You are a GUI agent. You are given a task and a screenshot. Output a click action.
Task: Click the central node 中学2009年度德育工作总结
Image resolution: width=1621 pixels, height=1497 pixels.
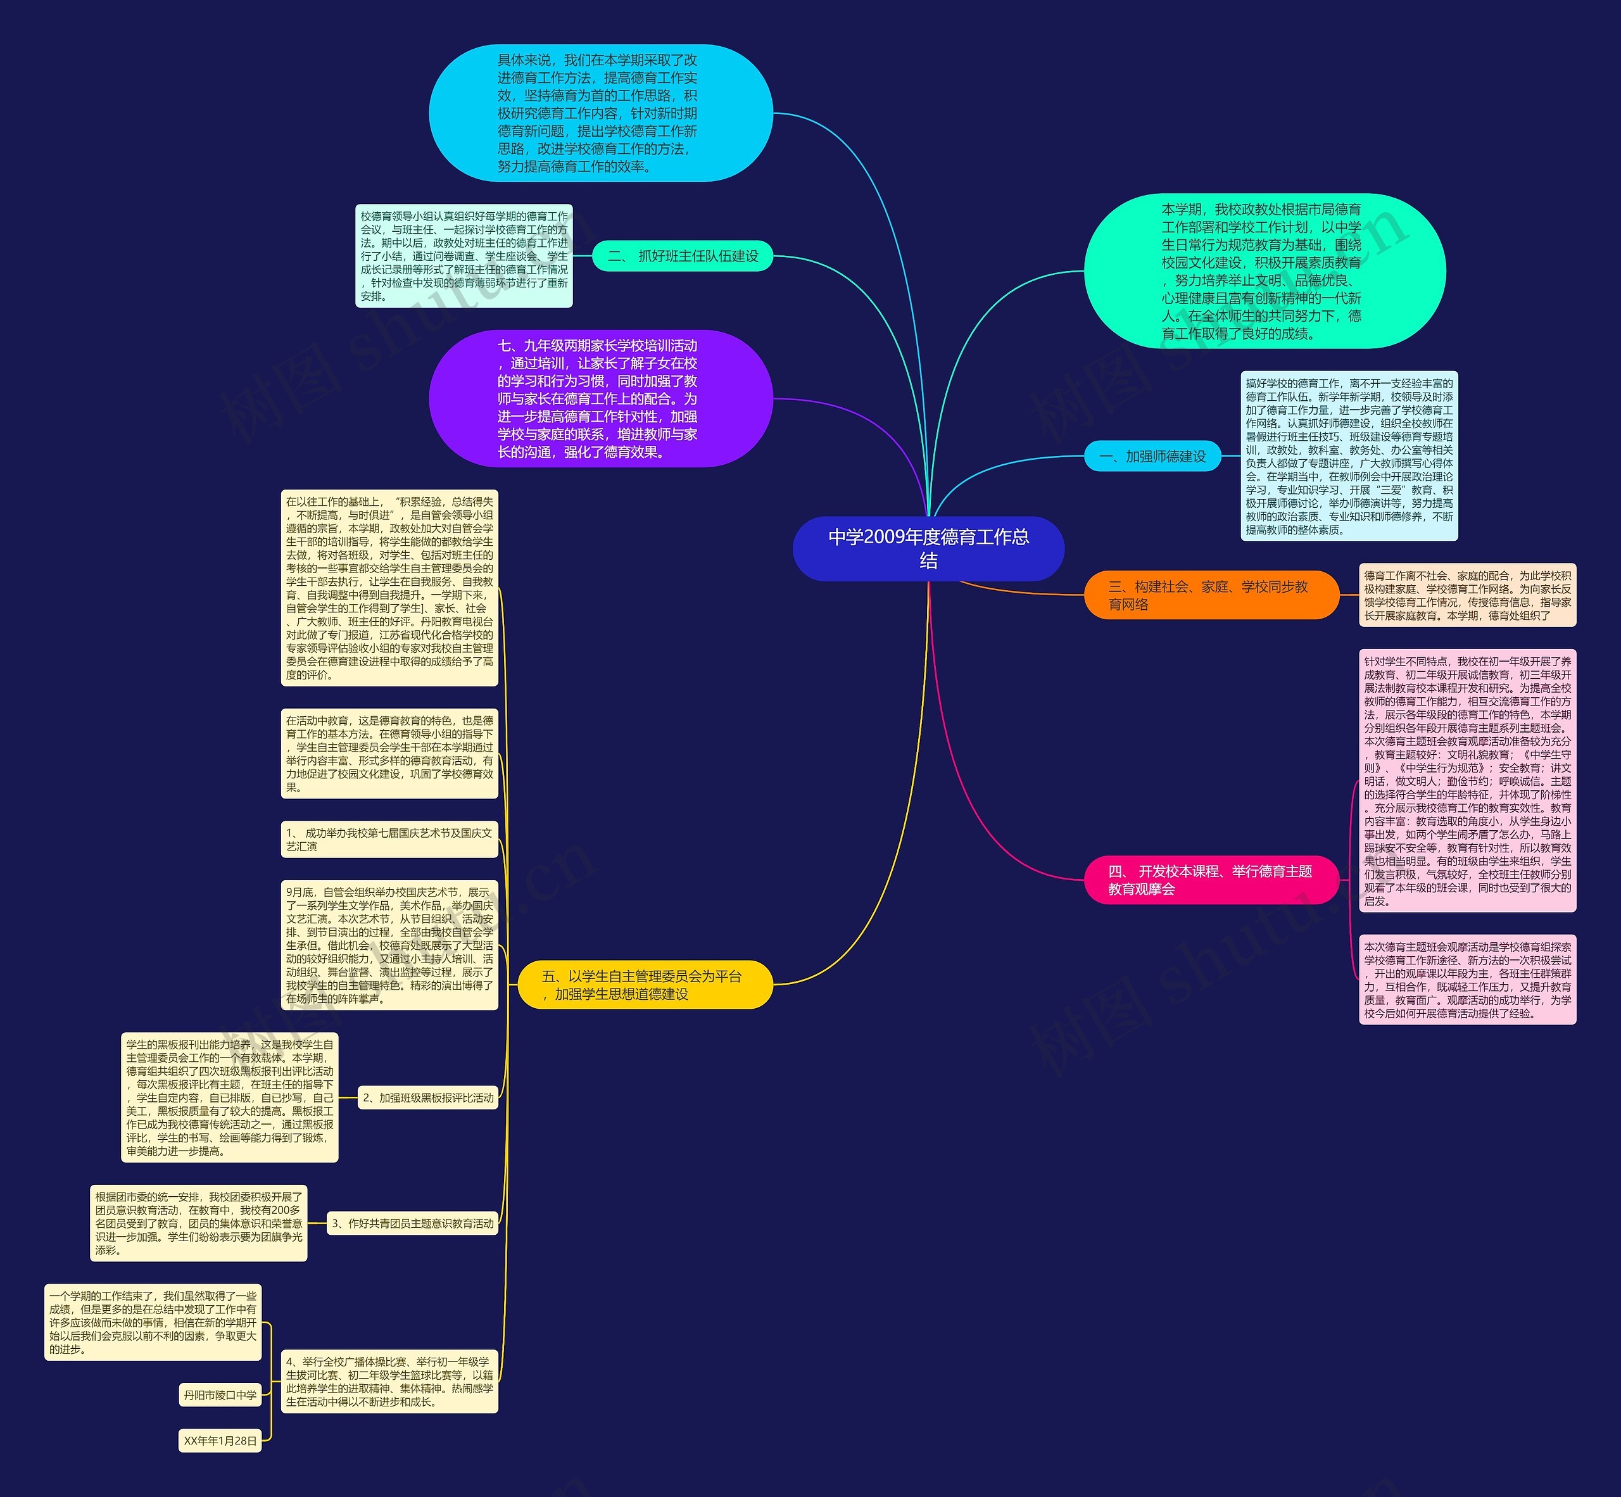928,548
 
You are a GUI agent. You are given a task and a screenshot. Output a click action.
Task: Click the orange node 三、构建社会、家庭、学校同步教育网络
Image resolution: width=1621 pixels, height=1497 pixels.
1210,595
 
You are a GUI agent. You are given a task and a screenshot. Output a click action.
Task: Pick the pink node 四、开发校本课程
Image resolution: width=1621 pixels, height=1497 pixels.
1210,880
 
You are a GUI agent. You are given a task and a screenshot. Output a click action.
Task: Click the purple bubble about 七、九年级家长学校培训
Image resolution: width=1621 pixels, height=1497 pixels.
600,398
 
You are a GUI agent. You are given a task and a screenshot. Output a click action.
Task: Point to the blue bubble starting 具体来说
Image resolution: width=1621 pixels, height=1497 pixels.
600,113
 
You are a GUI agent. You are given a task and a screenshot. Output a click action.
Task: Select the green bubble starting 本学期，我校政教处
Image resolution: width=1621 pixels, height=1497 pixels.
1264,270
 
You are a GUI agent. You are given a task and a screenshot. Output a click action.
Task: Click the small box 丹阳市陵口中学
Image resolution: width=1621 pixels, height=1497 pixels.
220,1395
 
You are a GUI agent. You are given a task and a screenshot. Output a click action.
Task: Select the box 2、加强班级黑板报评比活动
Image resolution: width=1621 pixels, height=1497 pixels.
428,1097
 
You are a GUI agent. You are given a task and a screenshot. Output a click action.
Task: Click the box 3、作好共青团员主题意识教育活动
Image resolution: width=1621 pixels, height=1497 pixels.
412,1223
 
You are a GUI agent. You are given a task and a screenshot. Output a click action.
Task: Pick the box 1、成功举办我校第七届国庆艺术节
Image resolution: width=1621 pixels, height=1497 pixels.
389,839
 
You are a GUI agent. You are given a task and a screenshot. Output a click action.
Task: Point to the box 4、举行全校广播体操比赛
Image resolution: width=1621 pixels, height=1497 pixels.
389,1381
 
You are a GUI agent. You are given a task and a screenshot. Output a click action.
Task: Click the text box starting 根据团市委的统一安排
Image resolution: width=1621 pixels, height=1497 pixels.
198,1223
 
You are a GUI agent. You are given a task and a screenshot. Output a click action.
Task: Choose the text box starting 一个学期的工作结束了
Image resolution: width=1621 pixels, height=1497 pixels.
153,1322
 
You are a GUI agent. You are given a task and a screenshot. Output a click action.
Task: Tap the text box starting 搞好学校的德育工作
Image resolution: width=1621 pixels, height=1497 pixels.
1349,456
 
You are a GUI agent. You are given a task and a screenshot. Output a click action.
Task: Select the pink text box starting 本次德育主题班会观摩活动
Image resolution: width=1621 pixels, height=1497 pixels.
1467,980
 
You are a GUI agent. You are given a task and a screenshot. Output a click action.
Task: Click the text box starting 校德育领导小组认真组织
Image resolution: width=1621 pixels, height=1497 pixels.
464,256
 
